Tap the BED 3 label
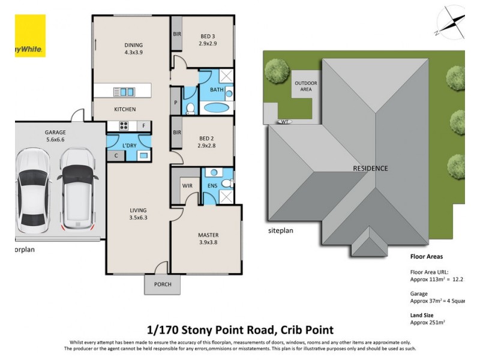pos(208,36)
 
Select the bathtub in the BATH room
pos(215,109)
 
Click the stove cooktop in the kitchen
pos(124,126)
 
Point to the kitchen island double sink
pos(127,92)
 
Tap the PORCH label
pos(162,284)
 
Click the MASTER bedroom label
pos(208,235)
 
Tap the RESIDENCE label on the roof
pos(370,169)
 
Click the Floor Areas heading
pos(427,256)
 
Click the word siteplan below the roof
pos(282,230)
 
